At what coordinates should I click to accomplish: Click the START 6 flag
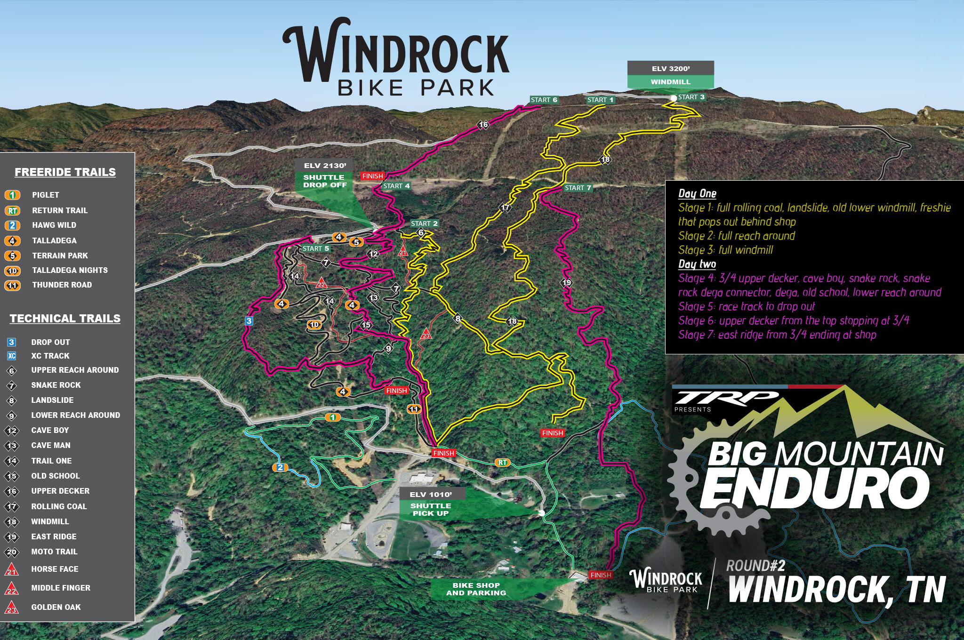544,100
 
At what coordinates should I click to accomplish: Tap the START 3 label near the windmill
691,97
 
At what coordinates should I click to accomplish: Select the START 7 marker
578,188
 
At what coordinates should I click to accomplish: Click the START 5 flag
315,248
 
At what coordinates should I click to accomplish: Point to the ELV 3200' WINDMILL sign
670,75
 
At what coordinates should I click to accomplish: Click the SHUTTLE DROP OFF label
324,181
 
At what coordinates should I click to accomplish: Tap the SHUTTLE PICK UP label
431,509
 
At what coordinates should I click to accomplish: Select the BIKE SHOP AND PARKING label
476,589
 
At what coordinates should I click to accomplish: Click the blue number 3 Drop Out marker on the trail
249,321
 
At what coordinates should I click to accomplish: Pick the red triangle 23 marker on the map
426,334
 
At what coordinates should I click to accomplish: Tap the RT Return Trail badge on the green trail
502,463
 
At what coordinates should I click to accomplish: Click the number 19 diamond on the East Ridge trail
566,283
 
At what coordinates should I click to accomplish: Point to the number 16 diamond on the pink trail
483,125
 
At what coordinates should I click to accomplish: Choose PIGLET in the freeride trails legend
45,195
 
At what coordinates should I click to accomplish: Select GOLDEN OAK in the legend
56,607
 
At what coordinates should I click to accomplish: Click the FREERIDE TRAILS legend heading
65,172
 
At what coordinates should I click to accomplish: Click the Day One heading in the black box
697,193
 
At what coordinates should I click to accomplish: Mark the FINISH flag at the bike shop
601,575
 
